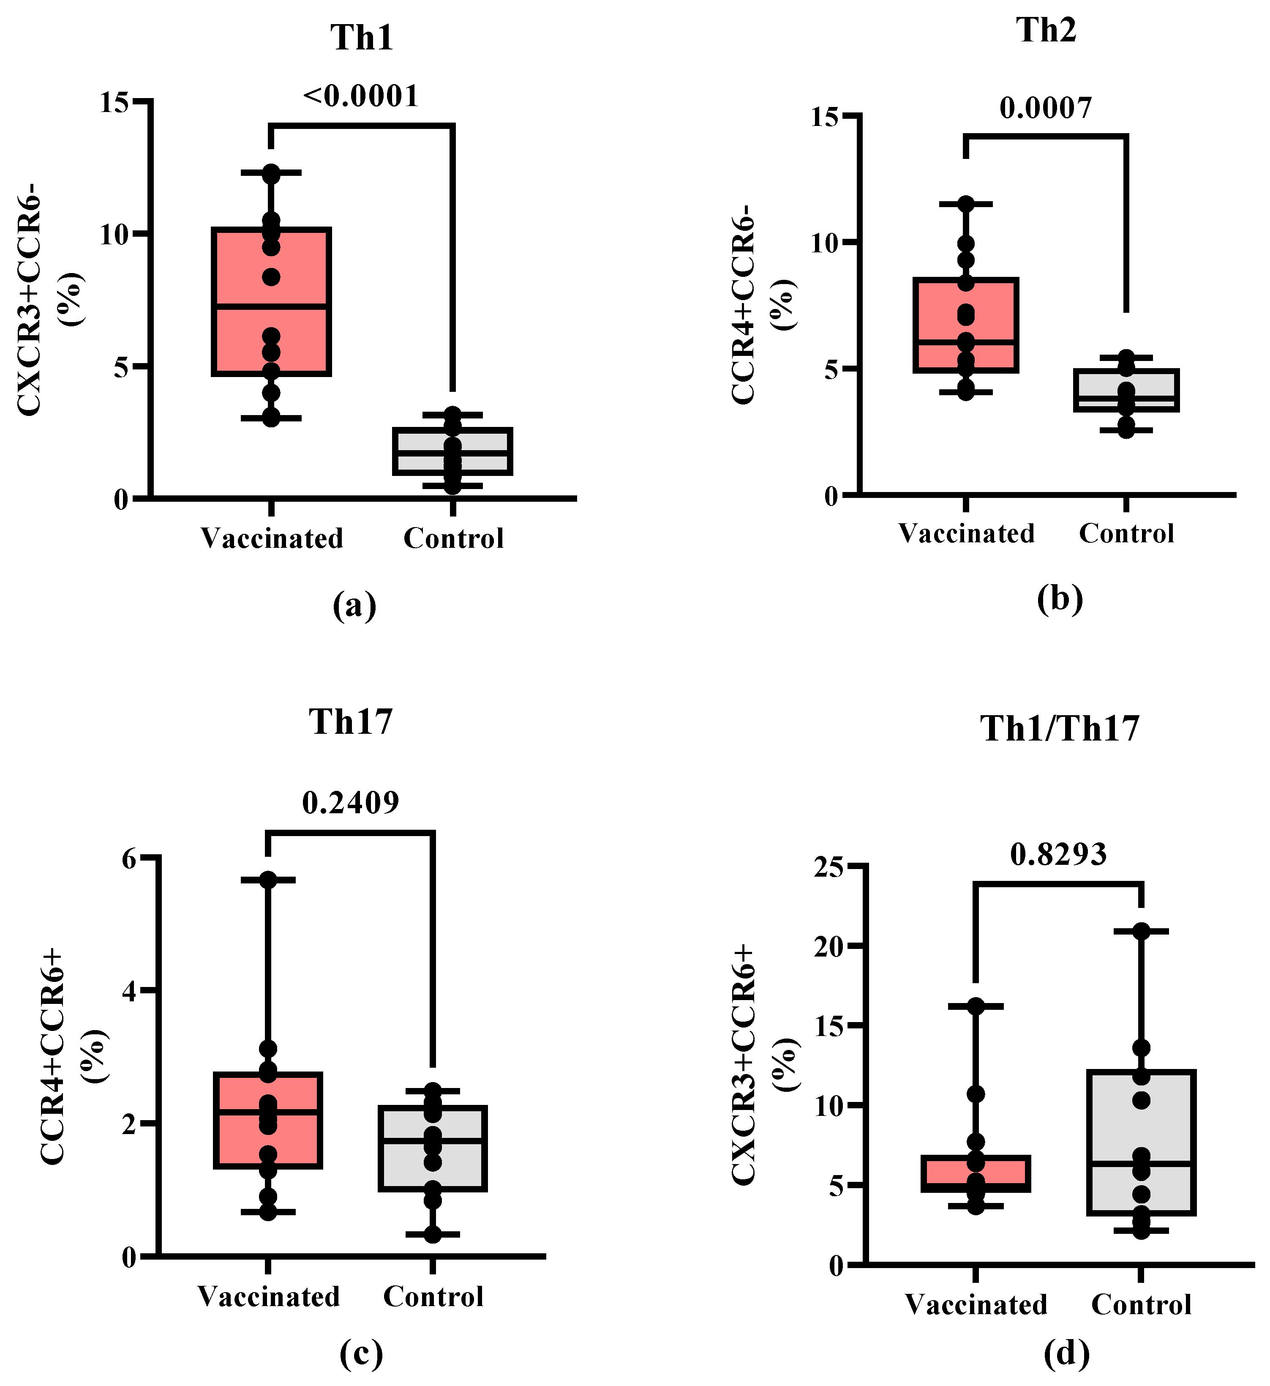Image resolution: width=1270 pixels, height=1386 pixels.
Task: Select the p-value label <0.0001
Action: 361,96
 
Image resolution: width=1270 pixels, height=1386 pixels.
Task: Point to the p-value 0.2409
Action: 351,802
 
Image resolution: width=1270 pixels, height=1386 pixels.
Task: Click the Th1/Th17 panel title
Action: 1059,729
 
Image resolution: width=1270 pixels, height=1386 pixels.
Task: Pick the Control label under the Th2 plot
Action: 1126,533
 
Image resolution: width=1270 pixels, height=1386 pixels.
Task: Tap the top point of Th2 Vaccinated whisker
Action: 965,203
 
